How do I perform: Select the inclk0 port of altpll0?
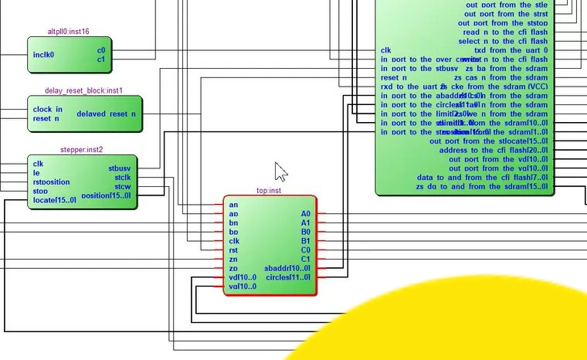click(43, 55)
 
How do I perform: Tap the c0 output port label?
click(101, 50)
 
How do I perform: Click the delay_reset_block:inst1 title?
click(84, 90)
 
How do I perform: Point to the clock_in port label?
click(48, 109)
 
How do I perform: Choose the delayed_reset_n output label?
click(106, 114)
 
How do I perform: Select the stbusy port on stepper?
click(120, 168)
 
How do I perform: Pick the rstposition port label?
click(51, 182)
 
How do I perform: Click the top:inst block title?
click(270, 190)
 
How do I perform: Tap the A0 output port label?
click(306, 213)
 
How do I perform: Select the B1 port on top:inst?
click(306, 241)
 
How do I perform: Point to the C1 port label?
click(306, 259)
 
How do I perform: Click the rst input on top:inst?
click(233, 250)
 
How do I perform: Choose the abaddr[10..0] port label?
click(287, 268)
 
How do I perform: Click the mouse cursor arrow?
click(280, 171)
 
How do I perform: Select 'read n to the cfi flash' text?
click(505, 32)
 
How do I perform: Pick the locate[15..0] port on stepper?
click(55, 200)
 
